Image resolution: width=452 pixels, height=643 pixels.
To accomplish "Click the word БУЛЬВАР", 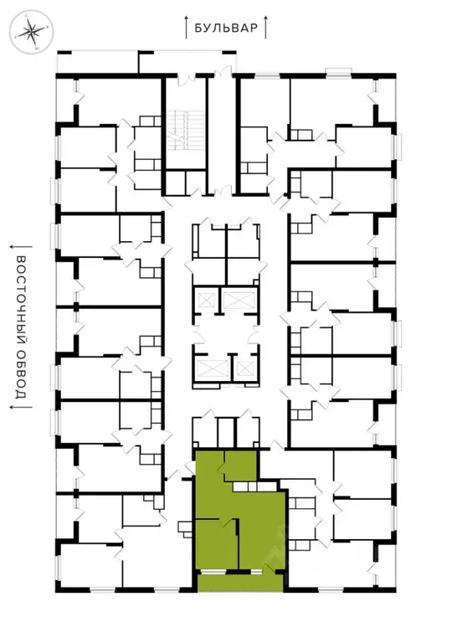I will [226, 28].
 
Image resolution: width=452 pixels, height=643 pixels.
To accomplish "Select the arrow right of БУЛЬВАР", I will [265, 27].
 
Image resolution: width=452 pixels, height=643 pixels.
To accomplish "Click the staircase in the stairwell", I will [182, 131].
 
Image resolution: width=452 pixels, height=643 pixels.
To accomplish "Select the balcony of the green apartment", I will [241, 582].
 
